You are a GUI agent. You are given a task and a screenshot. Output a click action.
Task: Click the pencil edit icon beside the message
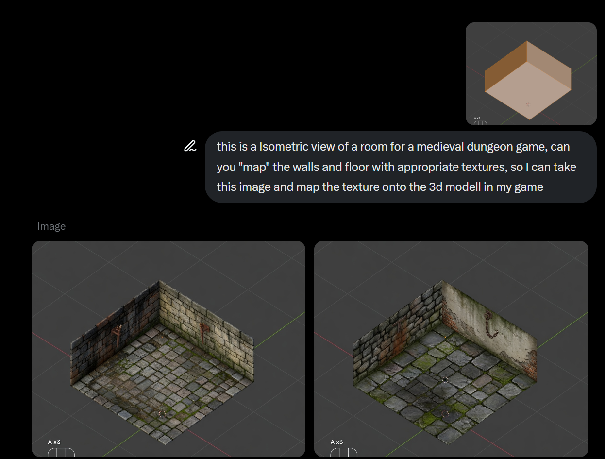190,146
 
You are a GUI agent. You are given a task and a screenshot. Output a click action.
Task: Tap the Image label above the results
51,226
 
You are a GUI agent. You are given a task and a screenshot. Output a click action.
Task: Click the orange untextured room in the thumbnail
528,80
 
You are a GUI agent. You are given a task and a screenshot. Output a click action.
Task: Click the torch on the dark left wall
118,335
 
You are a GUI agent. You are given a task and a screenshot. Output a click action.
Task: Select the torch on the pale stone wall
203,332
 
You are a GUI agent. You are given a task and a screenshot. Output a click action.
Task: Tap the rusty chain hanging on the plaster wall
490,324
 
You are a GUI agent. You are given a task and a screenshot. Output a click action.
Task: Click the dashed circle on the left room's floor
162,414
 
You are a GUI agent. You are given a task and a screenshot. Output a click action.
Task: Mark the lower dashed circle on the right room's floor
445,414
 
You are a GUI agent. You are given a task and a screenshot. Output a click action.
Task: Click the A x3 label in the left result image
54,442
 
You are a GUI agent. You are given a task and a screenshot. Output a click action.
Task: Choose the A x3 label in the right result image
337,442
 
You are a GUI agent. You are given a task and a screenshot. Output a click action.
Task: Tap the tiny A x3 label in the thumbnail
477,118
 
